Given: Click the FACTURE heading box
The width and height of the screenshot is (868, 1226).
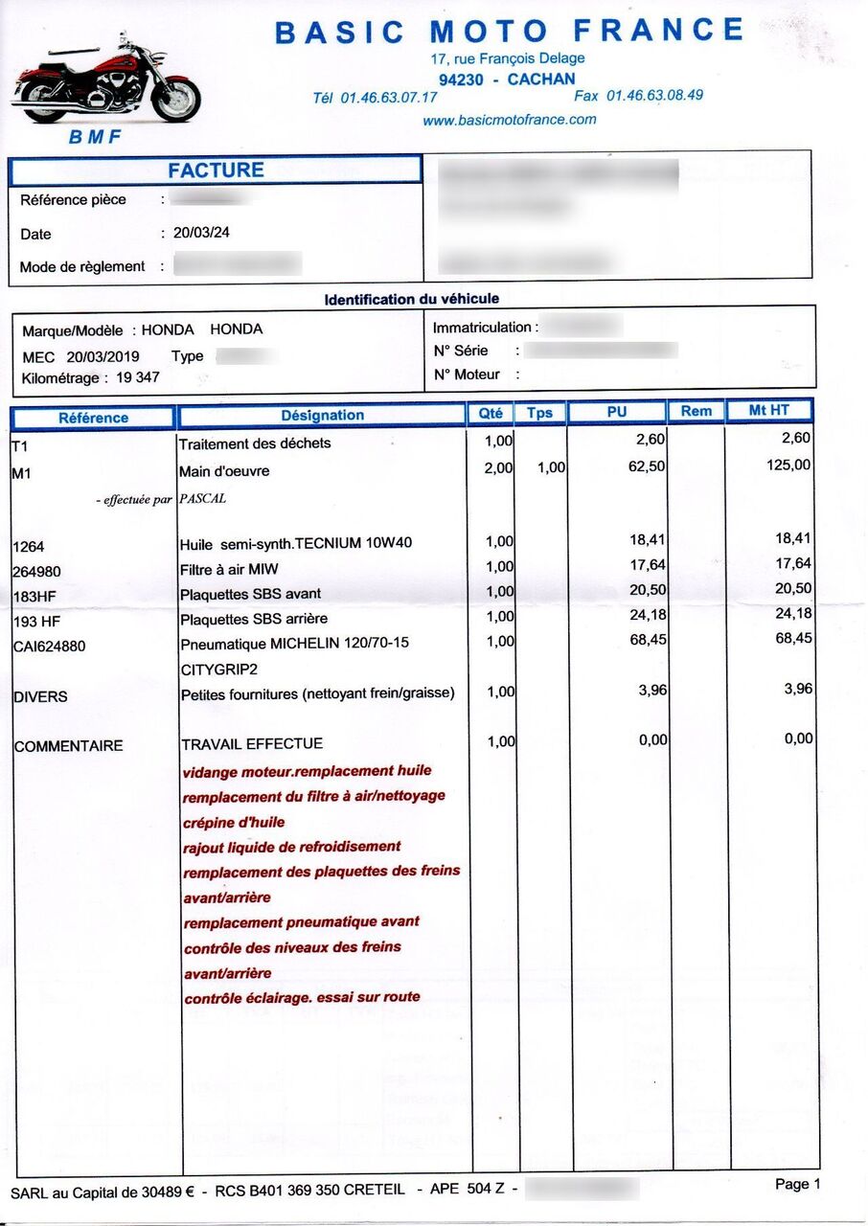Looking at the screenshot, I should [216, 170].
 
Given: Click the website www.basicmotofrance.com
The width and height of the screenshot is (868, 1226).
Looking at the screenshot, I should [509, 120].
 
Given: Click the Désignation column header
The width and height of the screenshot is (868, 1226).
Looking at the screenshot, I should [322, 415].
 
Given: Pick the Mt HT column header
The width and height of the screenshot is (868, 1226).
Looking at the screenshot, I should [768, 411].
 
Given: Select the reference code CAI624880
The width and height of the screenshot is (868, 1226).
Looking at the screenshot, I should [49, 647].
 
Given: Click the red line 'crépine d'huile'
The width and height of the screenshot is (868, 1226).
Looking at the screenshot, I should [234, 822].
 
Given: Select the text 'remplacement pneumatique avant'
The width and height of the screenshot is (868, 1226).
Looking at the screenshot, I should [301, 922].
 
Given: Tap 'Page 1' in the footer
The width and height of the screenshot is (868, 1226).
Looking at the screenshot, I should [797, 1184].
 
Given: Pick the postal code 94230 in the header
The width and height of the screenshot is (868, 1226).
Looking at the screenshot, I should [461, 79].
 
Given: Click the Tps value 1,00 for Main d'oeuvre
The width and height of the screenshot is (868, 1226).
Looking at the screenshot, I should [551, 467].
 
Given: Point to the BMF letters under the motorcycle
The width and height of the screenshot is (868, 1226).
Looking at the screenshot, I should [95, 137].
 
